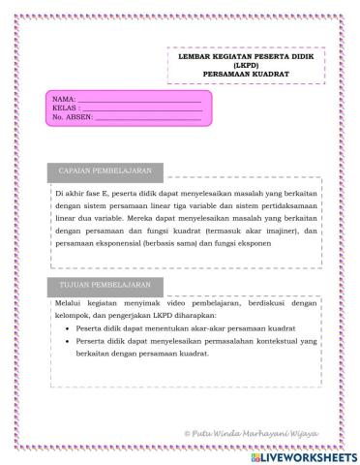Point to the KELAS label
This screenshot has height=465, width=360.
coord(64,108)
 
